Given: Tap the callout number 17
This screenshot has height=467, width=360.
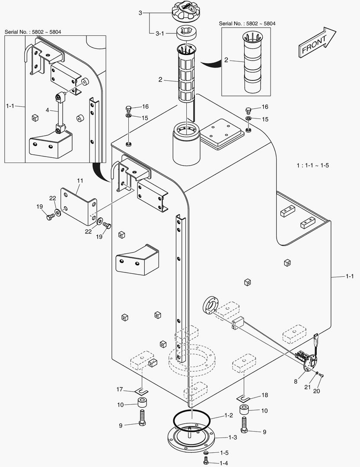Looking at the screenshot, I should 120,389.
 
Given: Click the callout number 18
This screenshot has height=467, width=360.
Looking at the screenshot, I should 265,395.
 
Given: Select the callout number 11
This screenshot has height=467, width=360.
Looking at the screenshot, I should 80,179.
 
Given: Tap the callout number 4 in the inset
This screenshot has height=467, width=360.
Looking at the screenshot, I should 48,110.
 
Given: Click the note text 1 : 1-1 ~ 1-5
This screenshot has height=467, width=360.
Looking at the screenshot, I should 313,165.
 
